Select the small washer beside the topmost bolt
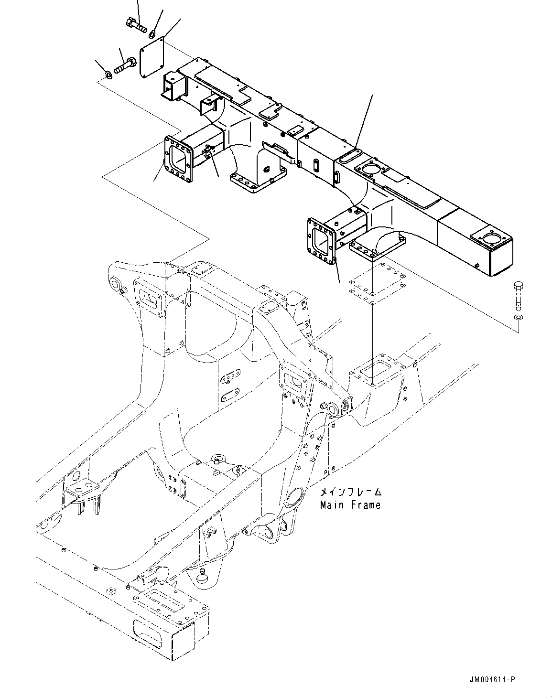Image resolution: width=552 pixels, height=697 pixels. [x=152, y=33]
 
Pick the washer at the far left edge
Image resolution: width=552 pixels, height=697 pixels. [x=108, y=75]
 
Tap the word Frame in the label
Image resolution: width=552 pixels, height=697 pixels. [x=366, y=505]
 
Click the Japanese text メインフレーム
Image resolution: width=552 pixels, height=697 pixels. [x=350, y=492]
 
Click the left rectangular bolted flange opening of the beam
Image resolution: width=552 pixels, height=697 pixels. [x=176, y=159]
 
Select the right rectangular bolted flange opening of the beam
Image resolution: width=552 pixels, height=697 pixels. [x=322, y=241]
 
